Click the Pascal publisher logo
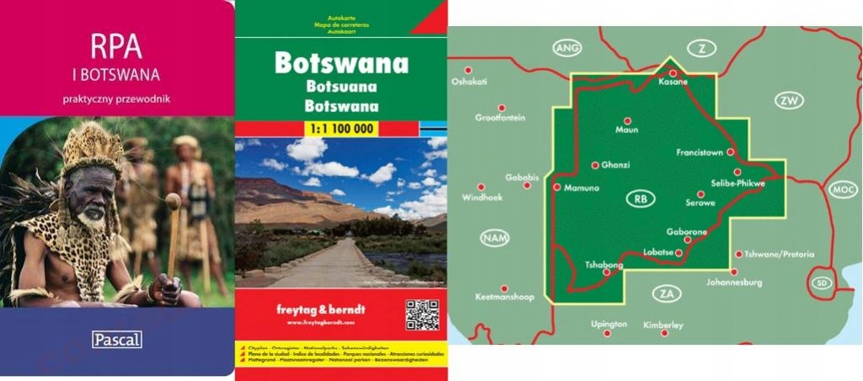pyautogui.click(x=116, y=340)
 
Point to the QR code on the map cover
pyautogui.click(x=422, y=314)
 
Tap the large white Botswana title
pyautogui.click(x=341, y=64)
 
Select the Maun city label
pyautogui.click(x=627, y=131)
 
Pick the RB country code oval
pyautogui.click(x=641, y=199)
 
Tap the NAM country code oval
pyautogui.click(x=495, y=238)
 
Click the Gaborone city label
pyautogui.click(x=686, y=231)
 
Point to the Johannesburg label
pyautogui.click(x=734, y=282)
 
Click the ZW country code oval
pyautogui.click(x=789, y=101)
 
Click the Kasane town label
pyautogui.click(x=673, y=83)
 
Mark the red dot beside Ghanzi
pyautogui.click(x=595, y=165)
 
